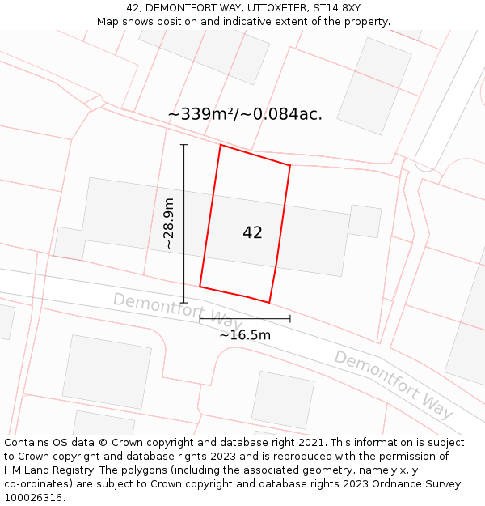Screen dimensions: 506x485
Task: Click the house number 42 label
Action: click(x=252, y=233)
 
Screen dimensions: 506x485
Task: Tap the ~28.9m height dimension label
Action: click(x=168, y=223)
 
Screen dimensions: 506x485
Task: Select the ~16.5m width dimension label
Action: click(x=245, y=335)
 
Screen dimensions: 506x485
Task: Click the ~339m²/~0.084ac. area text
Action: click(x=245, y=114)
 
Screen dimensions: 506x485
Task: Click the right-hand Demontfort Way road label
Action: click(x=394, y=385)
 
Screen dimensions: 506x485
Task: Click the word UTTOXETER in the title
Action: click(x=268, y=8)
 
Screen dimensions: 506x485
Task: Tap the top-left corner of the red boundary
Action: click(x=221, y=145)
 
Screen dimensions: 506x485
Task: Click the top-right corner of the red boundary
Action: click(x=290, y=166)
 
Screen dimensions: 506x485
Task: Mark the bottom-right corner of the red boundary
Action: click(x=269, y=303)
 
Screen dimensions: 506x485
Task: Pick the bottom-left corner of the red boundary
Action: click(x=200, y=287)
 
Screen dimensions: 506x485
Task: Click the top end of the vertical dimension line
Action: click(x=183, y=145)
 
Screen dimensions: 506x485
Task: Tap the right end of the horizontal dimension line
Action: click(x=290, y=319)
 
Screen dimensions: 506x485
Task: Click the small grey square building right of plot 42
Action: click(x=365, y=221)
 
